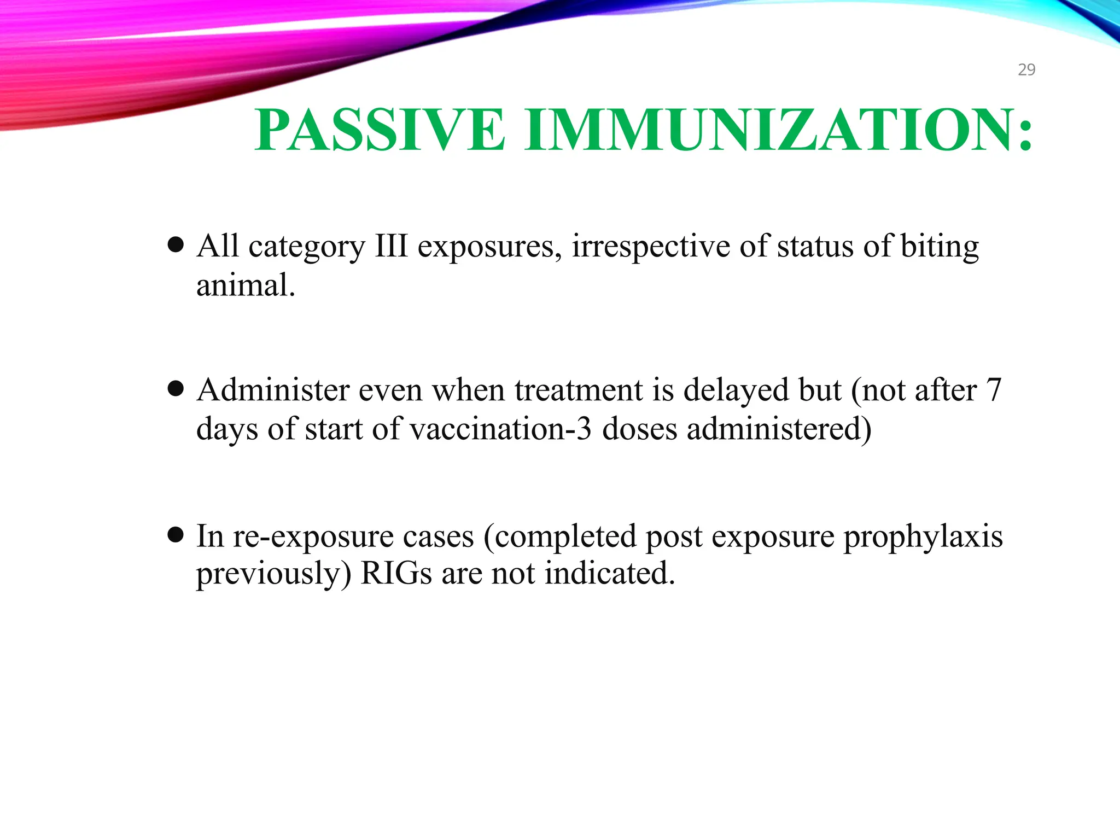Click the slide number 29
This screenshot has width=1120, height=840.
(x=1026, y=69)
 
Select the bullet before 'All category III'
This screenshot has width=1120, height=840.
(x=176, y=245)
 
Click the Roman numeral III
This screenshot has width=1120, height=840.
(x=391, y=246)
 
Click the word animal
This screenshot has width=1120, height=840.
(x=245, y=285)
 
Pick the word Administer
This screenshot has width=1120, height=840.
(x=273, y=390)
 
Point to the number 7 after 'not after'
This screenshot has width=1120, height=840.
(x=994, y=390)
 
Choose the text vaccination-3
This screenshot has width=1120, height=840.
(x=500, y=429)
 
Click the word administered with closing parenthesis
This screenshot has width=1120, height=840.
(x=779, y=429)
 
